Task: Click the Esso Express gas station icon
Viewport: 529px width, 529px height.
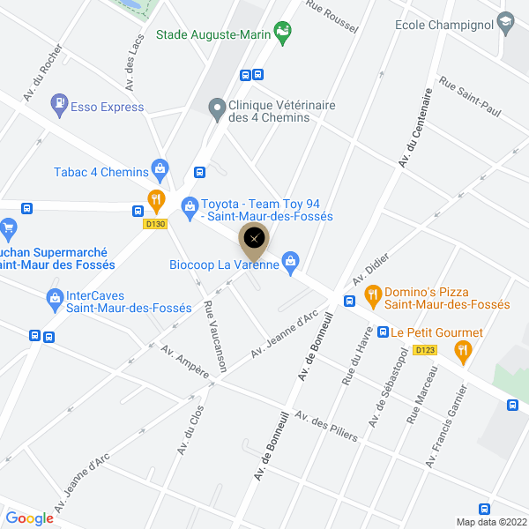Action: click(x=60, y=105)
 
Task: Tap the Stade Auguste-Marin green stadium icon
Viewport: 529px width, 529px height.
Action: click(x=283, y=34)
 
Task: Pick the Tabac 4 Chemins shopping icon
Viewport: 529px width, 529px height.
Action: click(x=160, y=168)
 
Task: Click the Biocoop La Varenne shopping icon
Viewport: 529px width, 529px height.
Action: click(x=292, y=262)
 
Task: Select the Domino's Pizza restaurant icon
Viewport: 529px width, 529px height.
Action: click(x=372, y=295)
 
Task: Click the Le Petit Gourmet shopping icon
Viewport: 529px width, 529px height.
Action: click(x=383, y=332)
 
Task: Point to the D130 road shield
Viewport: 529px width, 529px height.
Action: click(x=155, y=224)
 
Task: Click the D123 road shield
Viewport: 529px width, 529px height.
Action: click(x=424, y=350)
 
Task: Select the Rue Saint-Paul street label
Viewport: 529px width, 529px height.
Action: click(x=469, y=100)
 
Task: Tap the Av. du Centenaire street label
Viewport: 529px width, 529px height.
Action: click(x=416, y=128)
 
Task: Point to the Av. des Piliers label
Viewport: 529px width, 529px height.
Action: click(x=326, y=427)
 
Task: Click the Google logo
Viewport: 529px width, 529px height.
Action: click(x=29, y=518)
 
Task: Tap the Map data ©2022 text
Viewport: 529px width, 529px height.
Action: click(x=489, y=522)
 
